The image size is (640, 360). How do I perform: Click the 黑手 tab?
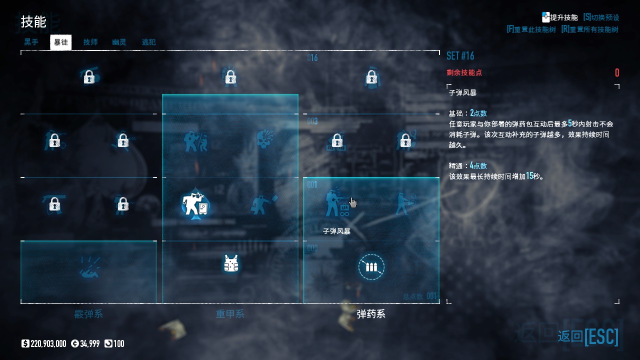(31, 42)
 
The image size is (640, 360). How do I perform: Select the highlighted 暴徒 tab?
(61, 42)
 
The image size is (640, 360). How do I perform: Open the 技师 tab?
(90, 42)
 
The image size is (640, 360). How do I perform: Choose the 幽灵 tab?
(119, 42)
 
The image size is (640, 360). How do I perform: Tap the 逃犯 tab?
(148, 42)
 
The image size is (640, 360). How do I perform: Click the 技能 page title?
(33, 22)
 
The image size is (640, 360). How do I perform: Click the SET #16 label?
(460, 55)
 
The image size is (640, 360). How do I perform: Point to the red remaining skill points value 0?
(617, 73)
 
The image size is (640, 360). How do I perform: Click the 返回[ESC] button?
(588, 336)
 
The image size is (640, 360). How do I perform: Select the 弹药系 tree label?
(371, 314)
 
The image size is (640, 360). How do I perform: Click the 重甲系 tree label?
(230, 314)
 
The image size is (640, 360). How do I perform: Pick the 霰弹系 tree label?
(88, 314)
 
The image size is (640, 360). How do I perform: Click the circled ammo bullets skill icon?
(371, 267)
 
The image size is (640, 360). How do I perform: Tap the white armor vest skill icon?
(230, 263)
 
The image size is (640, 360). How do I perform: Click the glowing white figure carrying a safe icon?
(194, 204)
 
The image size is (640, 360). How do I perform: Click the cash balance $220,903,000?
(44, 343)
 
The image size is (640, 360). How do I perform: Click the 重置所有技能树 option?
(590, 29)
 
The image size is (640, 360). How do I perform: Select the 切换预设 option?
(601, 17)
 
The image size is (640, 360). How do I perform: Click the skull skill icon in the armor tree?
(264, 140)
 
